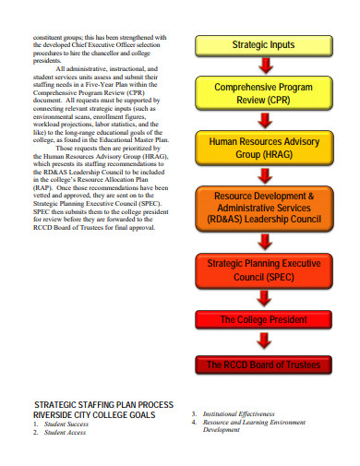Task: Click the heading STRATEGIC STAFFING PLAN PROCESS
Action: tap(103, 405)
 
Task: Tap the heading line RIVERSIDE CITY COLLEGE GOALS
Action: tap(95, 415)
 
